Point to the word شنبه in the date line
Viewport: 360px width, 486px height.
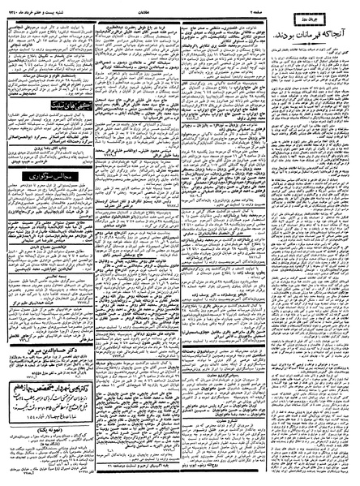coord(71,5)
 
